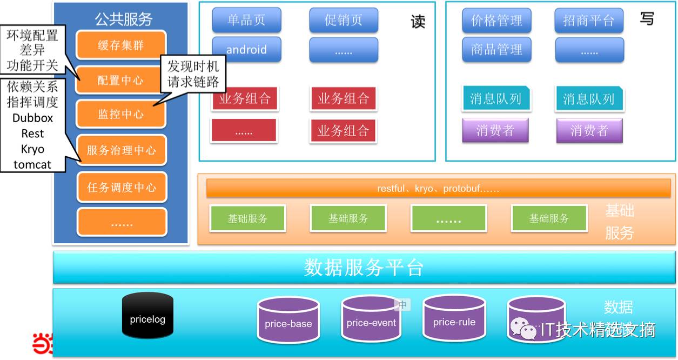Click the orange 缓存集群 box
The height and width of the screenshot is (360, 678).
pos(121,45)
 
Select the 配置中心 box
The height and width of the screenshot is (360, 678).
pos(121,80)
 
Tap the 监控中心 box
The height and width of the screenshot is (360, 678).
pos(121,114)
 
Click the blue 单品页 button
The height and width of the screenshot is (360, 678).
pos(246,21)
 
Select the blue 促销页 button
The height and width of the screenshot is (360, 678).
pos(344,21)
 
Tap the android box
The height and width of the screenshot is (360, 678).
pos(246,50)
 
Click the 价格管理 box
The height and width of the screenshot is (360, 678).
pos(496,21)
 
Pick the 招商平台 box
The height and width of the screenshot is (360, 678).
pos(589,21)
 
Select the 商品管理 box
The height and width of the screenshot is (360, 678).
pos(496,50)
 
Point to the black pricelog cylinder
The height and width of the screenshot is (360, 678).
pos(147,316)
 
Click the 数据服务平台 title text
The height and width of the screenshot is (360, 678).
pos(363,268)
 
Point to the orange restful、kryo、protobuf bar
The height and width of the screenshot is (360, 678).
pos(438,189)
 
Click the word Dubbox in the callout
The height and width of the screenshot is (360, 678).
pos(32,118)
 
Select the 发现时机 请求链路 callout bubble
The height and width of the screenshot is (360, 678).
pos(193,74)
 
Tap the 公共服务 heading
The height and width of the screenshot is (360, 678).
pos(124,19)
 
